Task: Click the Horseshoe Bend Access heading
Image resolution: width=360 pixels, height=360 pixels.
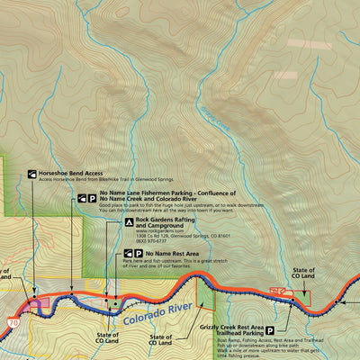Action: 71,172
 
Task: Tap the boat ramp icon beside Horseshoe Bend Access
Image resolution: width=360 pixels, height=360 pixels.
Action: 31,173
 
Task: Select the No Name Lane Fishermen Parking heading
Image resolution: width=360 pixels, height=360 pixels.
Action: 167,193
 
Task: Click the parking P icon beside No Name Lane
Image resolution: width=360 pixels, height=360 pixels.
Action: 91,198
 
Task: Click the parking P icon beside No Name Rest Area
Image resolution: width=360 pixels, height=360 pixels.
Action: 138,254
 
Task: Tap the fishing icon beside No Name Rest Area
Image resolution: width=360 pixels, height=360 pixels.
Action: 126,254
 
